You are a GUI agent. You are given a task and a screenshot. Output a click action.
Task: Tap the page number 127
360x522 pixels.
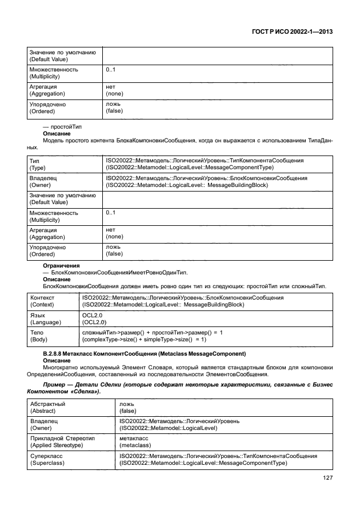point(327,478)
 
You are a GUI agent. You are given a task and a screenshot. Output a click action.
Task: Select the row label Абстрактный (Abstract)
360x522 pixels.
point(47,407)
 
